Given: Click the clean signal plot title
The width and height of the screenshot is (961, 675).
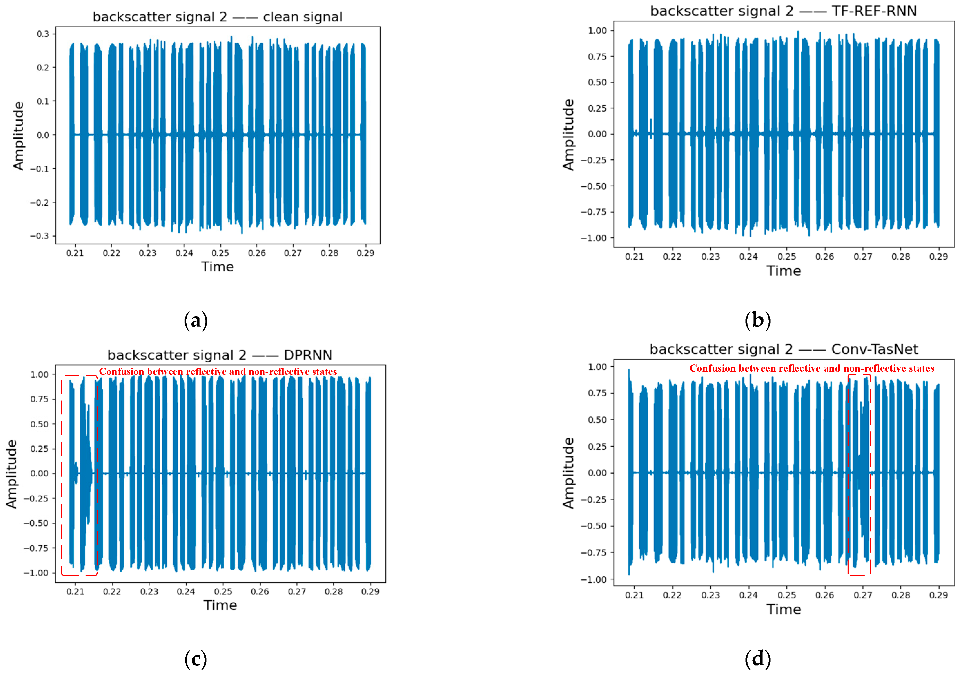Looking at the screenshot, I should (x=217, y=17).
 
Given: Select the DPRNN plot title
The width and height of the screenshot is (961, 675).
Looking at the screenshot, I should (x=220, y=355).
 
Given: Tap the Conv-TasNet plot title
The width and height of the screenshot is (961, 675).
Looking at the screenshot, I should (x=784, y=349).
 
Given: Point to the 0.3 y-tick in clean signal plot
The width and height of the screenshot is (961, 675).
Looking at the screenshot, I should (x=43, y=34).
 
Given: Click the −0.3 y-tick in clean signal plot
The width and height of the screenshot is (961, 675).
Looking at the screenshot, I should (x=39, y=236).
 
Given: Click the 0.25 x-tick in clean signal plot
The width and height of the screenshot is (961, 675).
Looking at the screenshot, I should (x=220, y=253).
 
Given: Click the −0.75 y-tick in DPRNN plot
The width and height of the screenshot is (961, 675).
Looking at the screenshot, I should (x=36, y=548).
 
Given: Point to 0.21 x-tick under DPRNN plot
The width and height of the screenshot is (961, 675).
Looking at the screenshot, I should (x=75, y=592).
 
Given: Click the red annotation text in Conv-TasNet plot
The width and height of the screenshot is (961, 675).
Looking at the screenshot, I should (x=811, y=368).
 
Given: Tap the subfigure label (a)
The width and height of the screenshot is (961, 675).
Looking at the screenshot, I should (x=195, y=321).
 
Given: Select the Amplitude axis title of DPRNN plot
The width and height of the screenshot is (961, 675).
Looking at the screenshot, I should (x=12, y=474).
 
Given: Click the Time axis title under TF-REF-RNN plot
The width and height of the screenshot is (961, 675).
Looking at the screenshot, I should (x=784, y=271).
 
